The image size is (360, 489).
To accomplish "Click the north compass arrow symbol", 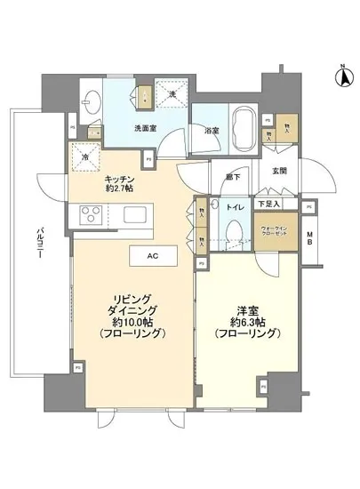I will tap(340, 78).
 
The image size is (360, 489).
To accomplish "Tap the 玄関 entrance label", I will tap(281, 172).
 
